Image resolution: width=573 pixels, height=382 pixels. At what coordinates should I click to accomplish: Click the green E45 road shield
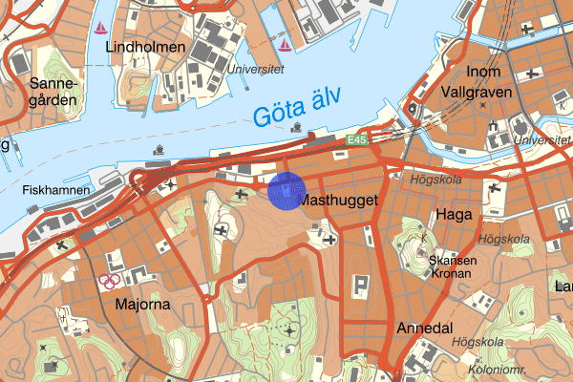click(x=358, y=140)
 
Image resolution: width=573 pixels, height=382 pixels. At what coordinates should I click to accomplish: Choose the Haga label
click(x=452, y=215)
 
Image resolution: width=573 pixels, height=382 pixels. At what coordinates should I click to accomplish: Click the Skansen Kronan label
click(x=452, y=265)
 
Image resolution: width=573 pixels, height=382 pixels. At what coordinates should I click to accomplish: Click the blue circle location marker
click(x=286, y=190)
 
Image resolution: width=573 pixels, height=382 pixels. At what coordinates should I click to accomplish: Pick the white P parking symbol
click(x=361, y=286)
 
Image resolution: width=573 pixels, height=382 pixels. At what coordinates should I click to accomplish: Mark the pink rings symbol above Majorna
click(x=110, y=281)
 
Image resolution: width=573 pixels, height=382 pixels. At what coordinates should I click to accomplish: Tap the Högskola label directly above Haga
click(x=435, y=179)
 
